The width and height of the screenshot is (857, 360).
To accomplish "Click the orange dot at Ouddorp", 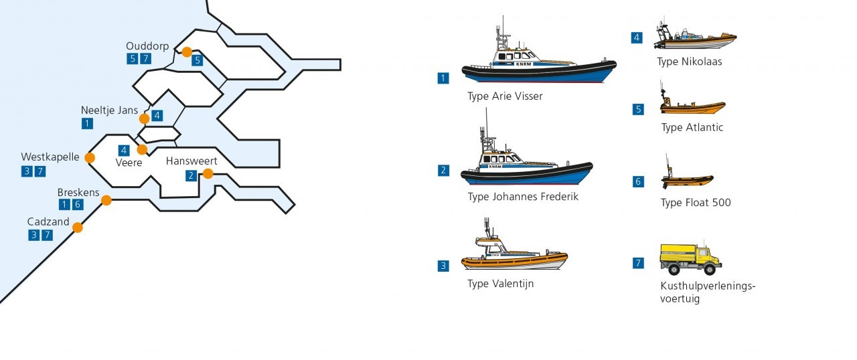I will (x=187, y=52).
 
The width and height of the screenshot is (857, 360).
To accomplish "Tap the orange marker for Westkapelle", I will (x=90, y=158).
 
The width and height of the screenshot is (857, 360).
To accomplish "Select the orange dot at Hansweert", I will (x=208, y=174).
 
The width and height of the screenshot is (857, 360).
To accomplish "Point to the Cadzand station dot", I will (x=78, y=228).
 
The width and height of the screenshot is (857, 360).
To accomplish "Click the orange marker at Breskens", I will (x=106, y=200).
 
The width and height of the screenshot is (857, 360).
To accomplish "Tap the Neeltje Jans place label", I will (x=109, y=110).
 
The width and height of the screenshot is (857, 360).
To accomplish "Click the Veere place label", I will (x=129, y=163).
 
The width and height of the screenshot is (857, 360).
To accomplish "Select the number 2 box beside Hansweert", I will (x=191, y=176).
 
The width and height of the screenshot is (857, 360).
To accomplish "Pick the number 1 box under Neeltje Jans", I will (x=87, y=123).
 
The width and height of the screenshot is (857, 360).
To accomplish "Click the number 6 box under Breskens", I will (x=78, y=205).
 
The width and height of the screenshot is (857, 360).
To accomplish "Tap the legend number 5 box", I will (x=638, y=110).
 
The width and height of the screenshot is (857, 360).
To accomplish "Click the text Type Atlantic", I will (x=692, y=128).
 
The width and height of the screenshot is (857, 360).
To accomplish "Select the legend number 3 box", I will (x=443, y=266).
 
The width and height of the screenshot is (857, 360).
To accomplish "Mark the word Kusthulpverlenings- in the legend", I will (x=707, y=286).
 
